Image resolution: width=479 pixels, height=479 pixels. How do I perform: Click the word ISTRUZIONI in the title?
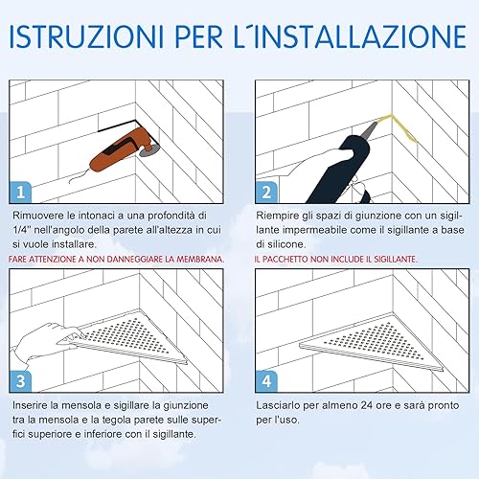[x=86, y=36]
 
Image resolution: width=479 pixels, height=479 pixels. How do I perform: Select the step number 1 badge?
[x=20, y=193]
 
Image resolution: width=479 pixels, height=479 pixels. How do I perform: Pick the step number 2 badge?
[x=266, y=193]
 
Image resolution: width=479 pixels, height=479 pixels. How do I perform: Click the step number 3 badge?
[x=20, y=381]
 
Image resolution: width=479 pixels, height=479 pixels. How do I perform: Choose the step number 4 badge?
[x=266, y=381]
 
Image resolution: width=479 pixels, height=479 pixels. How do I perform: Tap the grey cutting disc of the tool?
[x=150, y=149]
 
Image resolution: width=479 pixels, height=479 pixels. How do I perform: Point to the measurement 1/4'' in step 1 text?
[x=23, y=230]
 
